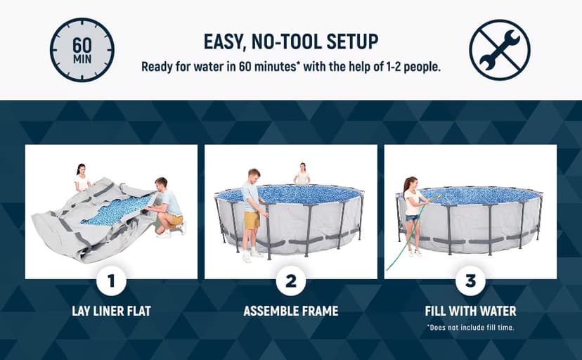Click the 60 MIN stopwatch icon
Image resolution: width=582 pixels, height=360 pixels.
[82, 50]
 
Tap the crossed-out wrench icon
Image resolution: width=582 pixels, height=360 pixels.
[499, 50]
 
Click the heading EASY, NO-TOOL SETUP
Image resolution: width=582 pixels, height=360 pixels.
[291, 41]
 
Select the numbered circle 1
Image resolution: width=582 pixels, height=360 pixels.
[111, 282]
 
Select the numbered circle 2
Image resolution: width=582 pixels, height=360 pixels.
[291, 282]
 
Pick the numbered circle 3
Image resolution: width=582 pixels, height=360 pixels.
[470, 282]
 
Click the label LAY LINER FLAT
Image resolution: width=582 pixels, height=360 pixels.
[111, 311]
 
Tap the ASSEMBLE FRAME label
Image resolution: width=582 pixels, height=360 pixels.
[291, 311]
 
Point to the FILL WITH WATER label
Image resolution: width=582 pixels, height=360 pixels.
[470, 311]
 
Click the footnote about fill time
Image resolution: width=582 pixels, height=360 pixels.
[470, 327]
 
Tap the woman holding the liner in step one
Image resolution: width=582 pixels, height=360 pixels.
[82, 179]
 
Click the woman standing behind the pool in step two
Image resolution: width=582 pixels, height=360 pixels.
[302, 174]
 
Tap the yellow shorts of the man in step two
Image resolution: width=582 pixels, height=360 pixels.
[252, 220]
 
